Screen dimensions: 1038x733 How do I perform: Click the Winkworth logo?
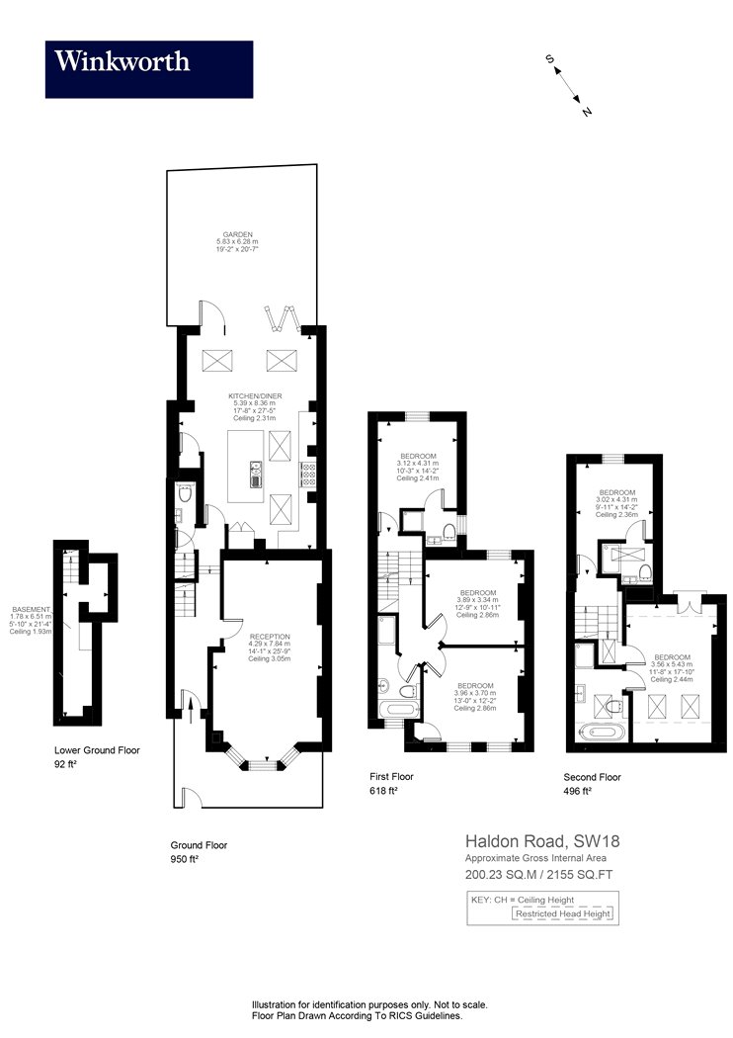[148, 69]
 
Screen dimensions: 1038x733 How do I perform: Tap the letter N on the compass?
[587, 112]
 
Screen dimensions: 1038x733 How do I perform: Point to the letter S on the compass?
[549, 59]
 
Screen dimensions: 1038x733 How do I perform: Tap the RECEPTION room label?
[270, 636]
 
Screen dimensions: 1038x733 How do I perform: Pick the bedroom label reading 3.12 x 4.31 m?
[415, 457]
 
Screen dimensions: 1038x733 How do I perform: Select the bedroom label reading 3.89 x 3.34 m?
[478, 593]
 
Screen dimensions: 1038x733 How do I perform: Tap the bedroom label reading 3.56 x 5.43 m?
[672, 656]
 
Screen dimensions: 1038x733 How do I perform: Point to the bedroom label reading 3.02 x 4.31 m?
[617, 492]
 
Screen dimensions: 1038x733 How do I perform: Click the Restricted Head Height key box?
[563, 914]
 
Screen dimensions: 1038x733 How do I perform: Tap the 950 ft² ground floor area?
[185, 860]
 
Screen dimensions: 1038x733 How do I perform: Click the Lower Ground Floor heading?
[97, 750]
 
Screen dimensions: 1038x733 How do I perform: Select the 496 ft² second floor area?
[578, 791]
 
